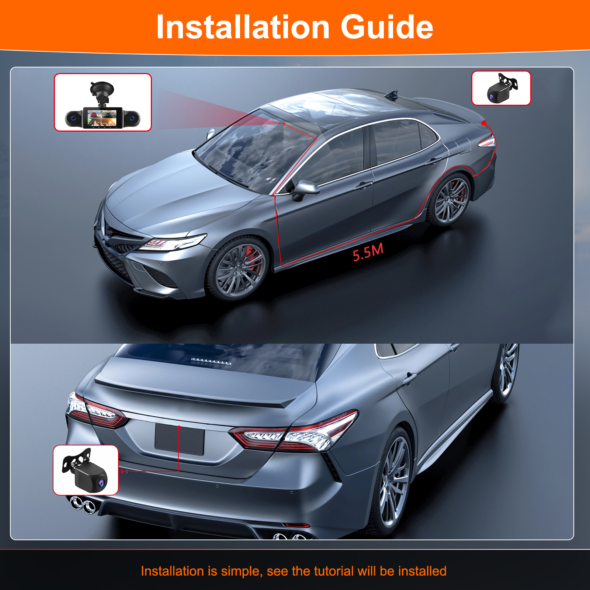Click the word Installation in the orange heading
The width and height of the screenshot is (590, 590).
click(243, 27)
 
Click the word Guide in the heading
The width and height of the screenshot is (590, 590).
click(387, 27)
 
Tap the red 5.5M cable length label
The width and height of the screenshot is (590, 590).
click(368, 252)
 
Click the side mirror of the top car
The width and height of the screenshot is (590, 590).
click(305, 189)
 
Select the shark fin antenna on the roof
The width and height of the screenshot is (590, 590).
click(392, 95)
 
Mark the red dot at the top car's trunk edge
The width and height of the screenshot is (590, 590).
click(483, 123)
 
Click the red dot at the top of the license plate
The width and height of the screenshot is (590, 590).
click(179, 427)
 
